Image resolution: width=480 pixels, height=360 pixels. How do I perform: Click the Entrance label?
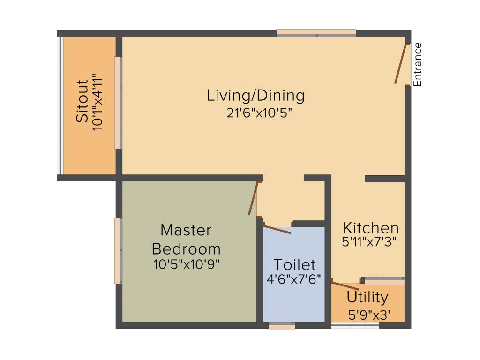click(418, 64)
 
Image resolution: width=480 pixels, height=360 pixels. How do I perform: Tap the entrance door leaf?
click(401, 64)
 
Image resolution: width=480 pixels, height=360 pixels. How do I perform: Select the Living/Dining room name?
click(255, 96)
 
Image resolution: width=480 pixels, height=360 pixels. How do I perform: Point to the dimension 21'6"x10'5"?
click(259, 113)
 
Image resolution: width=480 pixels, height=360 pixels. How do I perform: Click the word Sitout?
click(82, 101)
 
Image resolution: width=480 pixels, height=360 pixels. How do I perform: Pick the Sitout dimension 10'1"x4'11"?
click(97, 102)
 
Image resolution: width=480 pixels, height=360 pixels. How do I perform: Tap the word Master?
click(186, 230)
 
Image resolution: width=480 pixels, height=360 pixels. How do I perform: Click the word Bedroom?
click(186, 249)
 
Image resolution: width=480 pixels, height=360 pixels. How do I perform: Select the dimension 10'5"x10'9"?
click(187, 264)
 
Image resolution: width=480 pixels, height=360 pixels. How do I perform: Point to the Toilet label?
click(294, 264)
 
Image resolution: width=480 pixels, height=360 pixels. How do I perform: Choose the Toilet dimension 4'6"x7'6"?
click(294, 279)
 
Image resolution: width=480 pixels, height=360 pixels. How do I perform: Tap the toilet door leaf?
click(277, 230)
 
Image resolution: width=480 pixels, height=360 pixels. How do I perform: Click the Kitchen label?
click(371, 228)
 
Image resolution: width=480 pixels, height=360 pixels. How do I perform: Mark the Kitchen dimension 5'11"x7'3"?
click(369, 242)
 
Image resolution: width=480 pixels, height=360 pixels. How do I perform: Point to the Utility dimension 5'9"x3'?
click(369, 315)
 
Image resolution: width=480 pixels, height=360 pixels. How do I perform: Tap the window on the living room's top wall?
click(316, 33)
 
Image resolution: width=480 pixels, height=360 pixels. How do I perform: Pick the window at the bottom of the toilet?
click(282, 326)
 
